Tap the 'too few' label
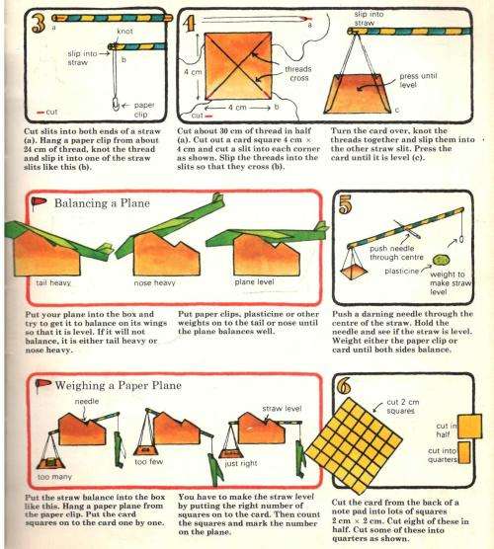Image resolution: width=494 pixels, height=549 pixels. [148, 461]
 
